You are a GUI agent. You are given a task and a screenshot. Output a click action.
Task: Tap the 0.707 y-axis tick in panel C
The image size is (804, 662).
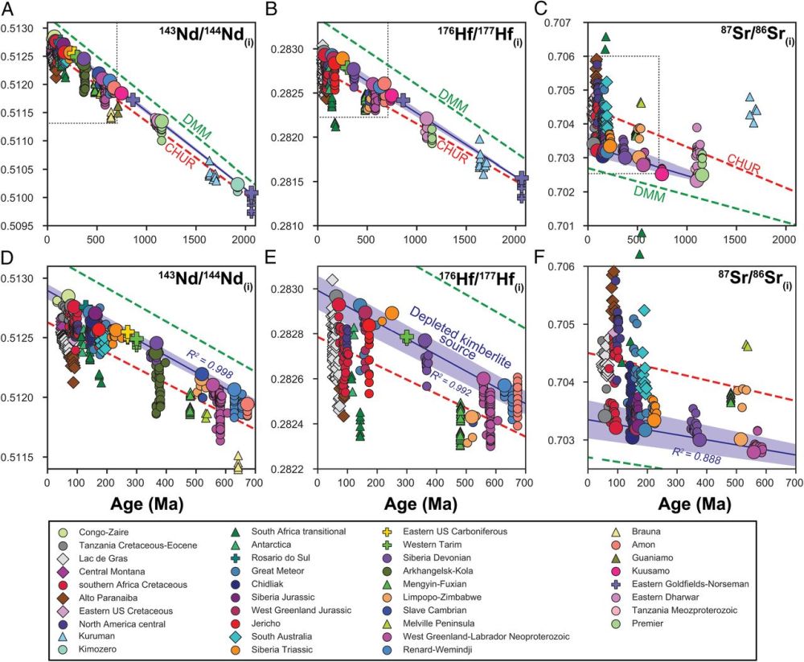coord(562,22)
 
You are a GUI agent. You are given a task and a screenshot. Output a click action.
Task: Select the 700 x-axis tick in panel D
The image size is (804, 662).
coord(254,483)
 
